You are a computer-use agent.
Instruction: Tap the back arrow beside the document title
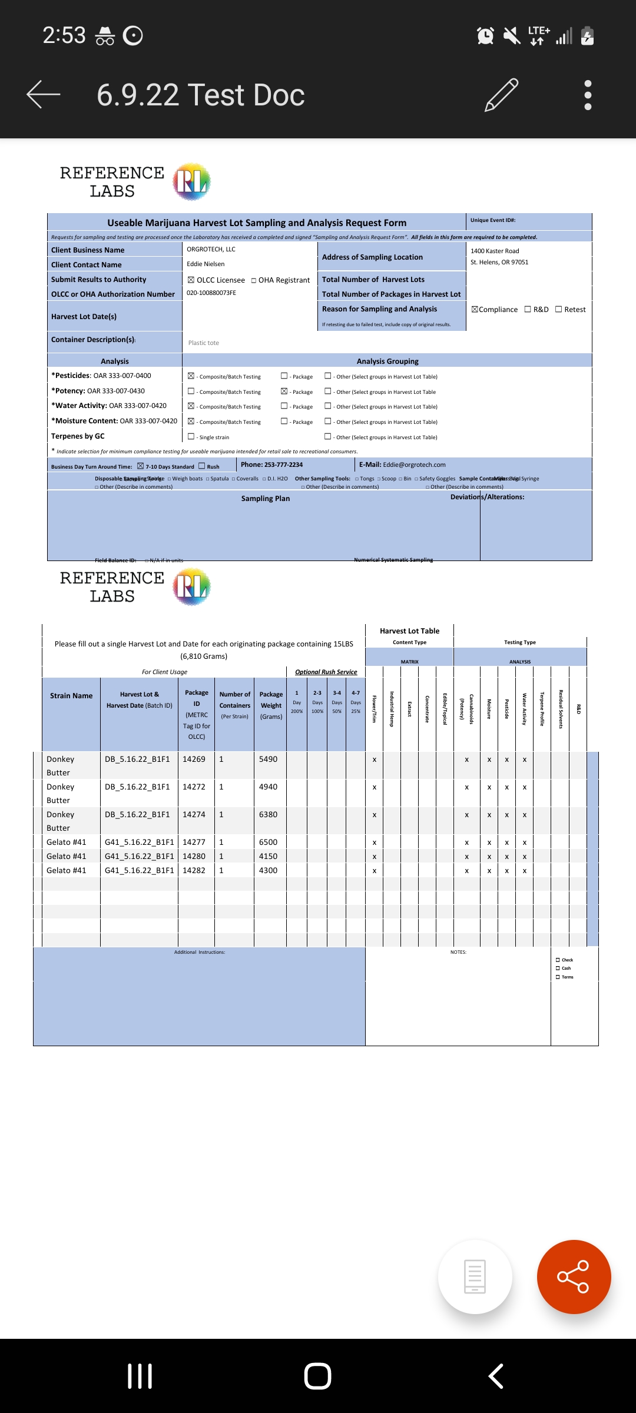[x=44, y=94]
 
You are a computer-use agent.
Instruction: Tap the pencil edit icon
[x=501, y=94]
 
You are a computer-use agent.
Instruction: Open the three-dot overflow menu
[x=587, y=95]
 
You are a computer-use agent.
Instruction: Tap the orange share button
[x=574, y=1276]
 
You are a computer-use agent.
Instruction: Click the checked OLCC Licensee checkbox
[x=191, y=280]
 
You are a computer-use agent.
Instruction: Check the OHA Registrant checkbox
[x=254, y=281]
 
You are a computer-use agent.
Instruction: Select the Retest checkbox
[x=559, y=310]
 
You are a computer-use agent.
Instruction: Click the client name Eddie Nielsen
[x=206, y=264]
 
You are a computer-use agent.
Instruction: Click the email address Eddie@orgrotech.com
[x=414, y=465]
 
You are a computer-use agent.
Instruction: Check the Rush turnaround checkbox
[x=202, y=466]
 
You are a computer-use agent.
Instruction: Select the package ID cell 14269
[x=194, y=759]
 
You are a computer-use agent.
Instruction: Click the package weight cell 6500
[x=268, y=843]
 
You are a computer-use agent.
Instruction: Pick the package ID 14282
[x=194, y=871]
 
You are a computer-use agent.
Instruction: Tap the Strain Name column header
[x=71, y=696]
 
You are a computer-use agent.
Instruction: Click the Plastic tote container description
[x=204, y=343]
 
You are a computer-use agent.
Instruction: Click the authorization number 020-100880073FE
[x=211, y=293]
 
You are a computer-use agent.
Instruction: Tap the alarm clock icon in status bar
[x=485, y=36]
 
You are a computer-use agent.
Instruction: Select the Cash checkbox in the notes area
[x=558, y=968]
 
